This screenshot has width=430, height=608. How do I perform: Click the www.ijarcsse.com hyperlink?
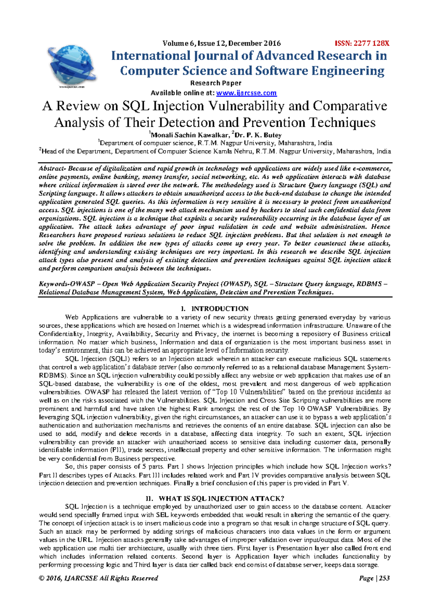(x=247, y=93)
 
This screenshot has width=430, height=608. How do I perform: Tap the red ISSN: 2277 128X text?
(x=362, y=44)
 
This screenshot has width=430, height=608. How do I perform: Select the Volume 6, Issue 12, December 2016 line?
(x=221, y=44)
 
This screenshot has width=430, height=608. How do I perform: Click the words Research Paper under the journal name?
(x=216, y=83)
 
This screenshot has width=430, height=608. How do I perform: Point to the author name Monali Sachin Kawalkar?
(x=190, y=135)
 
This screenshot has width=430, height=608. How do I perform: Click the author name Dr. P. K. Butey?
(x=258, y=135)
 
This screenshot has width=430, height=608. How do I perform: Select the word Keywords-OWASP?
(x=67, y=284)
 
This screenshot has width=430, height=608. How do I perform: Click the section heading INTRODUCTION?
(x=220, y=309)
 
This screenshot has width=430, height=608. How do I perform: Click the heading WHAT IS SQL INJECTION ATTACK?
(x=221, y=498)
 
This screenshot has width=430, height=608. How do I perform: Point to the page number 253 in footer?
(x=384, y=578)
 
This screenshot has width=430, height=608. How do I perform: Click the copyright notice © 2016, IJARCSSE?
(x=98, y=578)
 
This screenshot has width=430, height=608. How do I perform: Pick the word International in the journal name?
(x=151, y=56)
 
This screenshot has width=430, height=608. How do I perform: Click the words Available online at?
(x=182, y=93)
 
